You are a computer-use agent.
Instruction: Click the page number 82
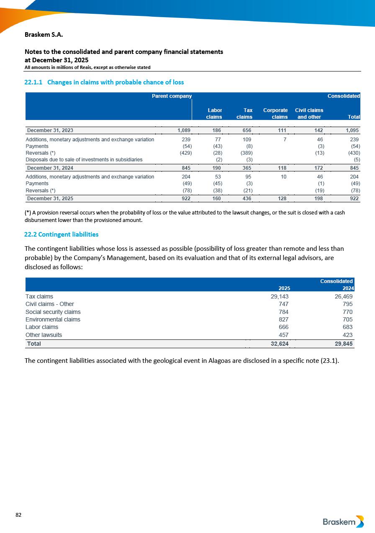tap(18, 515)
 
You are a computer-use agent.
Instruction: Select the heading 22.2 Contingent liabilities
tap(62, 234)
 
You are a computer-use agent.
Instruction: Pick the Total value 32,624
tap(278, 344)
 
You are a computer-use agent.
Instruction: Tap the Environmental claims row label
tap(53, 319)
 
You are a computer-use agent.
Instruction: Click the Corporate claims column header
tap(275, 114)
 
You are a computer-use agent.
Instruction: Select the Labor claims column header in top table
tap(214, 114)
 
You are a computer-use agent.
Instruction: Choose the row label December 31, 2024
tap(50, 168)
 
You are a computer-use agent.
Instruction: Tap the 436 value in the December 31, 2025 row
tap(247, 199)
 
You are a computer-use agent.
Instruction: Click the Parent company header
tap(172, 96)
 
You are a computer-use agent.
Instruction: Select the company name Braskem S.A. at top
tap(44, 34)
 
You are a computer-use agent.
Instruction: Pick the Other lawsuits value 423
tap(347, 335)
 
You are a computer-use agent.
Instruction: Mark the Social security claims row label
tap(53, 312)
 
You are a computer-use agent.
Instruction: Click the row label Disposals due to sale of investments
tap(84, 159)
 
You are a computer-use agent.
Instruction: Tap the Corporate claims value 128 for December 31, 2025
tap(281, 199)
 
